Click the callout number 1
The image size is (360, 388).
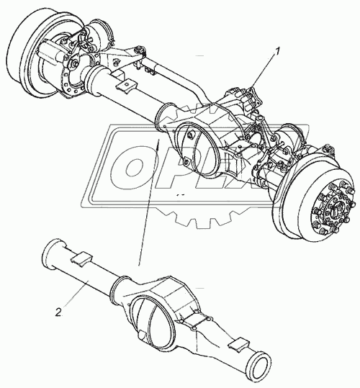pos(277,52)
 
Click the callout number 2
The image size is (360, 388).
pos(58,312)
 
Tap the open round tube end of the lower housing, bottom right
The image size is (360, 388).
pos(261,364)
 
